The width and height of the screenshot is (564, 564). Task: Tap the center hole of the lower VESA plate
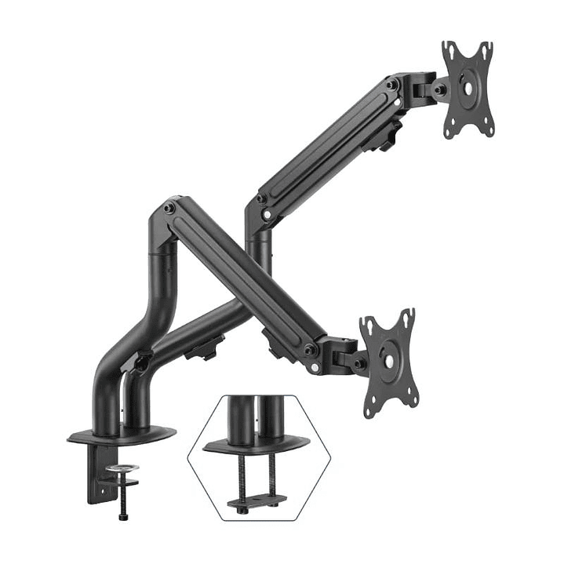pyautogui.click(x=386, y=358)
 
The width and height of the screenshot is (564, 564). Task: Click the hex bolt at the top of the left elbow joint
pyautogui.click(x=169, y=207)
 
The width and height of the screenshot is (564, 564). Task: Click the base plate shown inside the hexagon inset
pyautogui.click(x=253, y=446)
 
